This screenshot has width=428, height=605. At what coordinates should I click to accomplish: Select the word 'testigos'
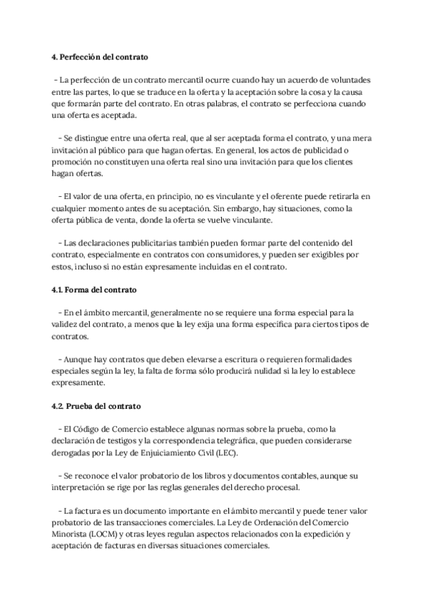(x=128, y=440)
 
